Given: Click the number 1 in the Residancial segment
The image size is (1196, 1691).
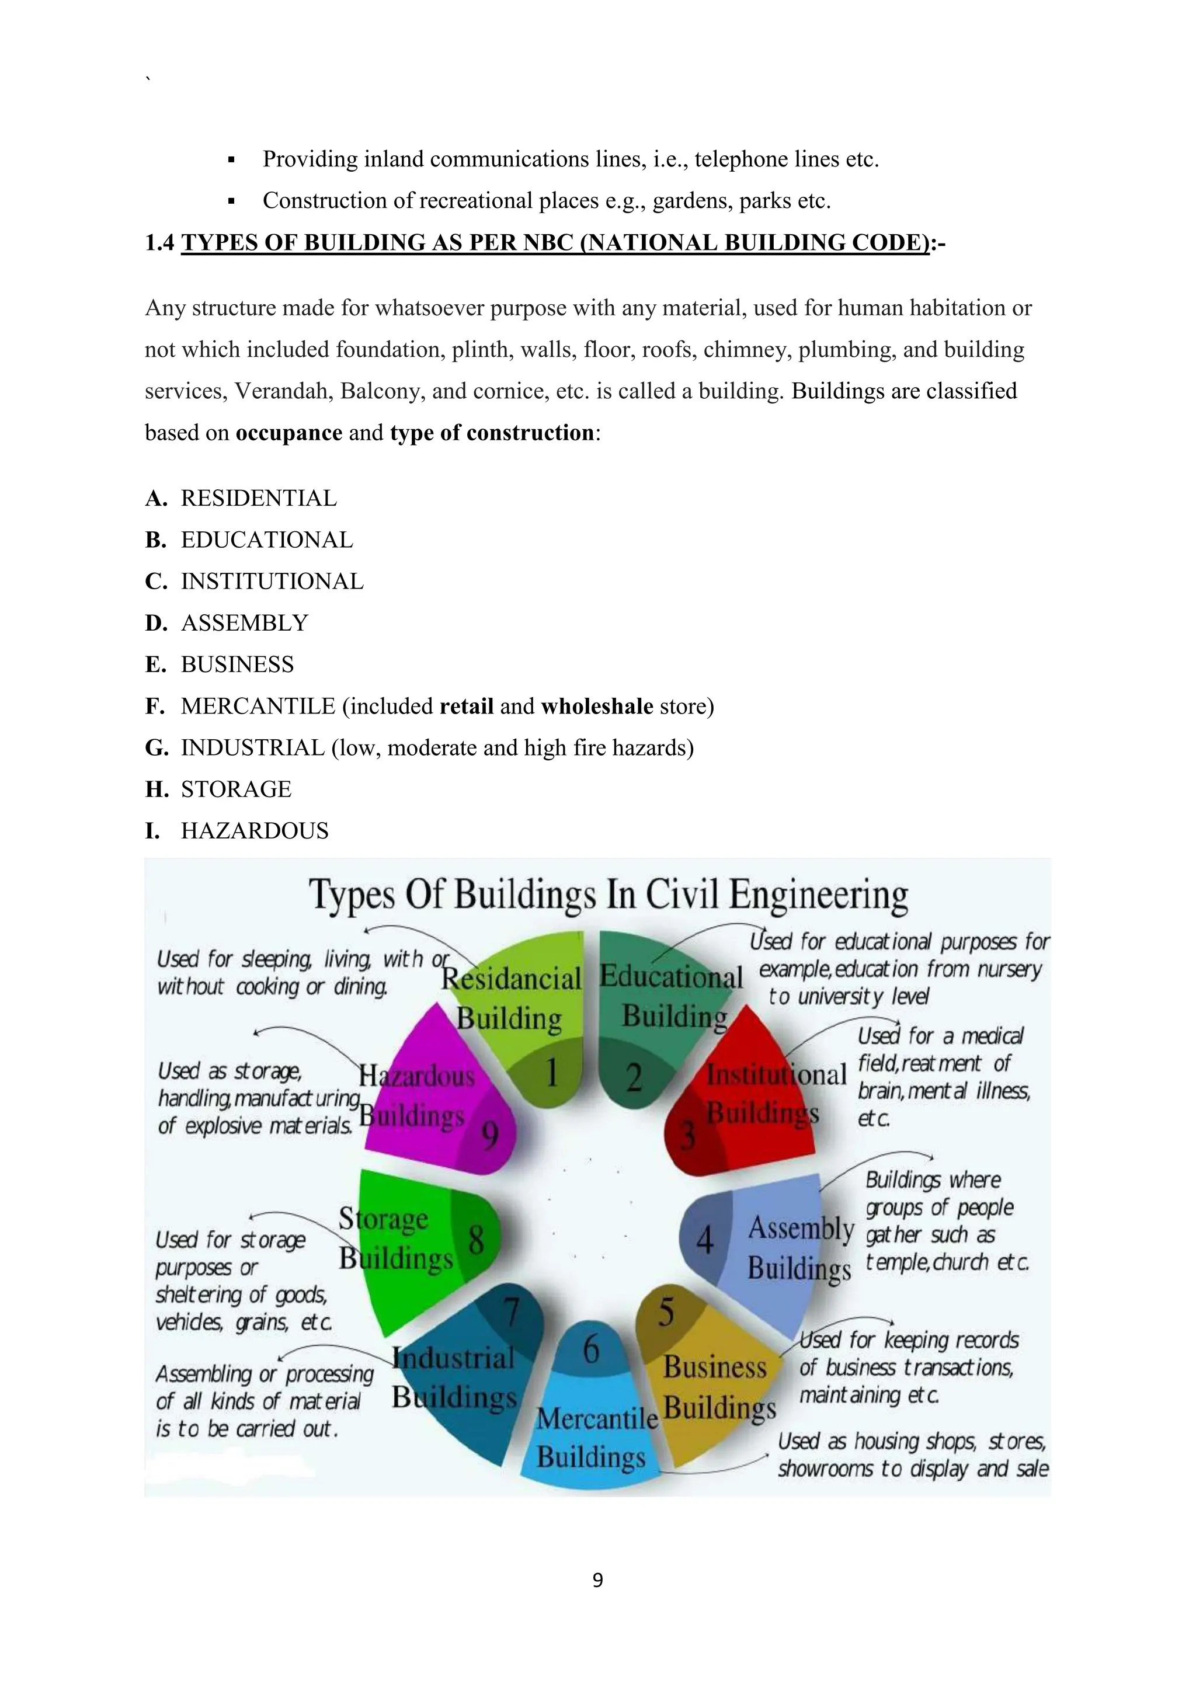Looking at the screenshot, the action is pos(551,1073).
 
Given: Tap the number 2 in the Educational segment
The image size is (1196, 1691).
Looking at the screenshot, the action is pos(634,1077).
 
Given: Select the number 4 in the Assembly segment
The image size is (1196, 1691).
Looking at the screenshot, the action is pos(705,1240).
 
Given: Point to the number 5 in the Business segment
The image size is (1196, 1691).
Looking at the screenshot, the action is pos(666,1311).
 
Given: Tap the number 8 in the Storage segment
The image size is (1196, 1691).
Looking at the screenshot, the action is pos(477,1240).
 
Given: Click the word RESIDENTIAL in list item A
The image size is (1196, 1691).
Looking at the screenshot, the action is pos(259,499).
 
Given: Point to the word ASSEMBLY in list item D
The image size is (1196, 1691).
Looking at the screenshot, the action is pos(245,623).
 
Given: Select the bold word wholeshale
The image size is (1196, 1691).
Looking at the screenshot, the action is pos(596,707).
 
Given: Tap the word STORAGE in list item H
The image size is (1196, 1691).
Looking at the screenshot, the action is pos(236,789).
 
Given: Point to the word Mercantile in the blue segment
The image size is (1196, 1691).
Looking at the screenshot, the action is pos(596,1418).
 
